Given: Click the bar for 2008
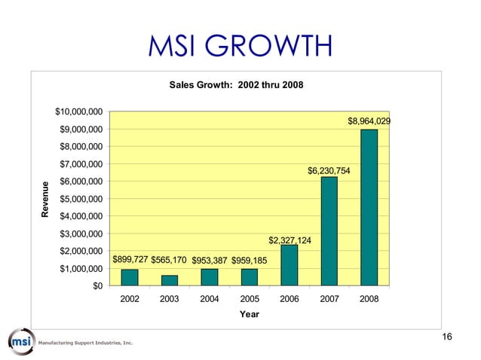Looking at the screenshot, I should click(369, 208).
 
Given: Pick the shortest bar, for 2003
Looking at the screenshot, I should click(170, 280).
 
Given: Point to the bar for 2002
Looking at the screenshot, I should click(130, 278).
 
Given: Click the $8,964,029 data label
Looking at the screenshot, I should click(369, 121).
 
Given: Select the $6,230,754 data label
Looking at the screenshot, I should click(329, 170).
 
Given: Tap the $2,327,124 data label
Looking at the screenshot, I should click(290, 241).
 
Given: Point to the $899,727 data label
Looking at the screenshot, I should click(130, 260).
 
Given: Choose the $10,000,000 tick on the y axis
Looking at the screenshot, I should click(79, 112).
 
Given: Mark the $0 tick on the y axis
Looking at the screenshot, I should click(98, 286).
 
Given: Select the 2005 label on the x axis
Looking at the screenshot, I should click(250, 299).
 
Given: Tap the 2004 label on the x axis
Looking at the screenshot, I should click(210, 299).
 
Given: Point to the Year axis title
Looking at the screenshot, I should click(249, 315).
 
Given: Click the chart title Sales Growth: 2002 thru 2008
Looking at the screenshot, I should click(237, 85).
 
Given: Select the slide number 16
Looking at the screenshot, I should click(446, 337).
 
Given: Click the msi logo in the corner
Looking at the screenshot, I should click(23, 341).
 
